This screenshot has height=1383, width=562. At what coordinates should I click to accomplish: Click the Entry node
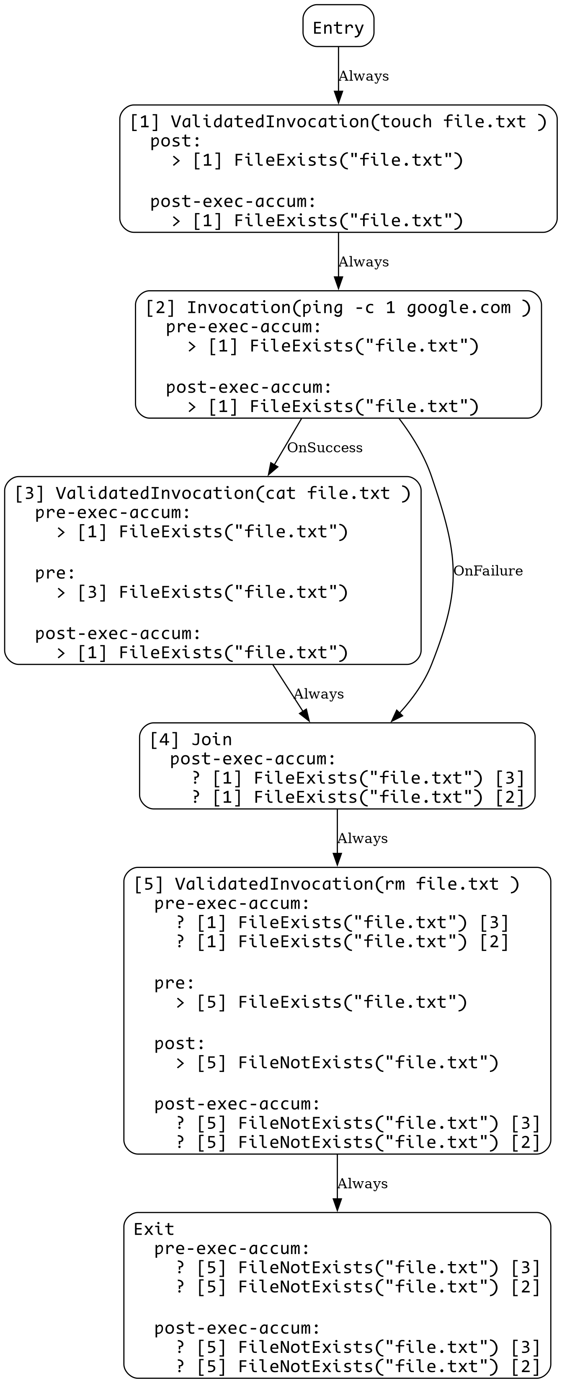coord(338,27)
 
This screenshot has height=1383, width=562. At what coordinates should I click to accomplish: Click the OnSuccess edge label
coord(325,447)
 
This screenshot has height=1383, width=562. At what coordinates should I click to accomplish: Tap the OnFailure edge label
coord(487,571)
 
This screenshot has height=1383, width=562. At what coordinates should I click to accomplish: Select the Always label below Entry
coord(363,76)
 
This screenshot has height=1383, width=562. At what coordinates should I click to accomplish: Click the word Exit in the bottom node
coord(154,1229)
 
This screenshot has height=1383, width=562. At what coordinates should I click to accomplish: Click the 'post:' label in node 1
coord(175,141)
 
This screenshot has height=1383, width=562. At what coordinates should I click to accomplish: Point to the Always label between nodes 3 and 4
coord(319,694)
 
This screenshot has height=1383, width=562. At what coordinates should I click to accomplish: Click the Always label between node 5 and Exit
coord(362,1184)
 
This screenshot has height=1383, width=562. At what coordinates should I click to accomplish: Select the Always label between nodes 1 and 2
coord(363,262)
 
